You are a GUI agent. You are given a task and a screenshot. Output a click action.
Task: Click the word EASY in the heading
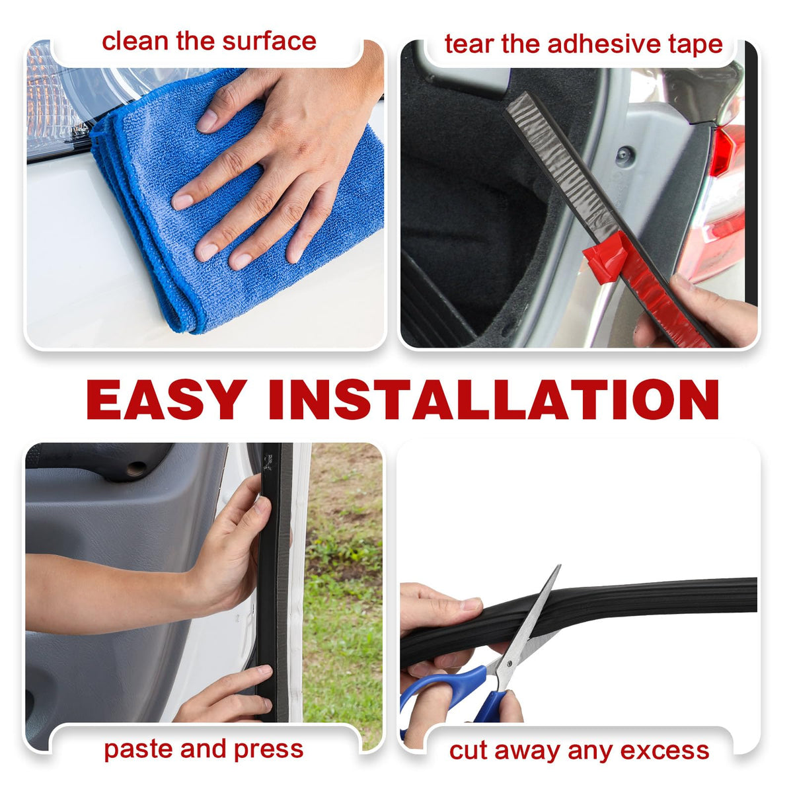[167, 399]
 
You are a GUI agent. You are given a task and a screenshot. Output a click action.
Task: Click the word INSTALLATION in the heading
[494, 399]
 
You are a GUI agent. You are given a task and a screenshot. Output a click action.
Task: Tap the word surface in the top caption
[269, 42]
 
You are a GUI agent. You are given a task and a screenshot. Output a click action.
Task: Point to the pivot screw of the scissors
[510, 663]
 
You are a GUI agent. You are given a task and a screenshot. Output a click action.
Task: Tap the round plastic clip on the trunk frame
[624, 155]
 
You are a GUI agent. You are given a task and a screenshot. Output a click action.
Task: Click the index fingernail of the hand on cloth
[207, 121]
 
